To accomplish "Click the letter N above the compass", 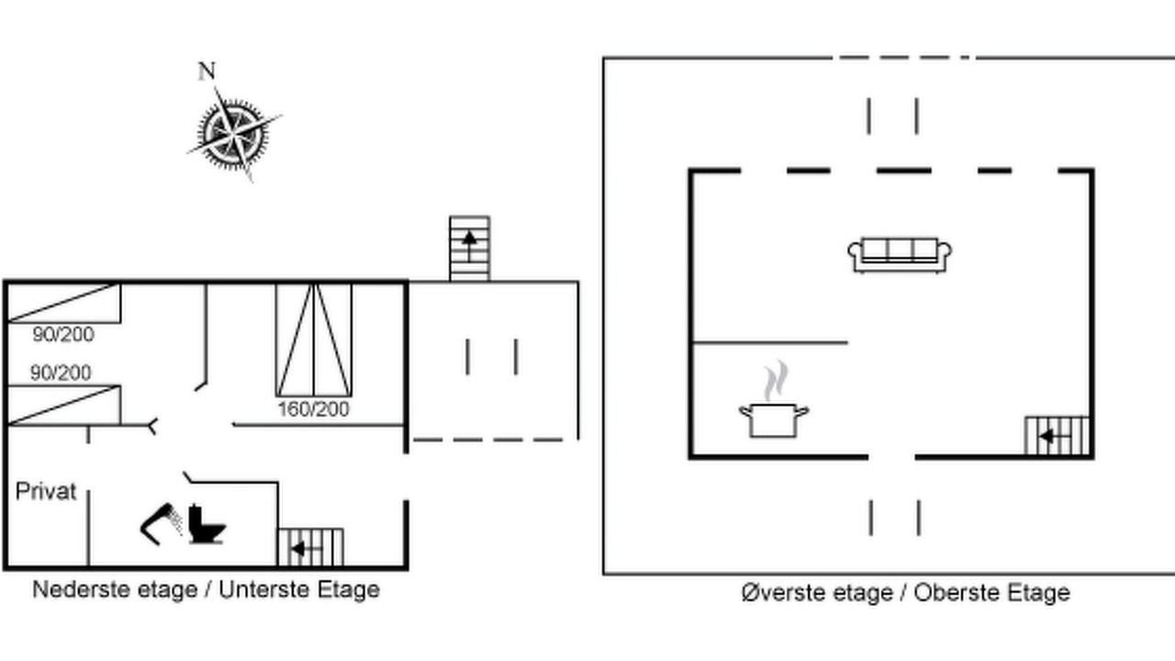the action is pos(207,71).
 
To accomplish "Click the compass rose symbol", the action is pos(234,134).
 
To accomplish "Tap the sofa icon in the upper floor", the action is pos(900,255).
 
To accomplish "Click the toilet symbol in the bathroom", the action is pos(207,524).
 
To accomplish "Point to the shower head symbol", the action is pos(161,523).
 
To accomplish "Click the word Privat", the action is pos(46,491).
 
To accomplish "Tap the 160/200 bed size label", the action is pos(313,409).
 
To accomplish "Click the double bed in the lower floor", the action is pos(314,340).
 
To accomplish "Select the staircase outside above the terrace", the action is pos(469,249).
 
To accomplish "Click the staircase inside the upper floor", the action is pos(1057,436).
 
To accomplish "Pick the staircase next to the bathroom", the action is pos(310,548).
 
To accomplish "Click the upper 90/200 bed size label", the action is pos(63,334).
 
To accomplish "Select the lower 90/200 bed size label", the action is pos(61,373).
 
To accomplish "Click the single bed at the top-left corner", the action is pos(64,303).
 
